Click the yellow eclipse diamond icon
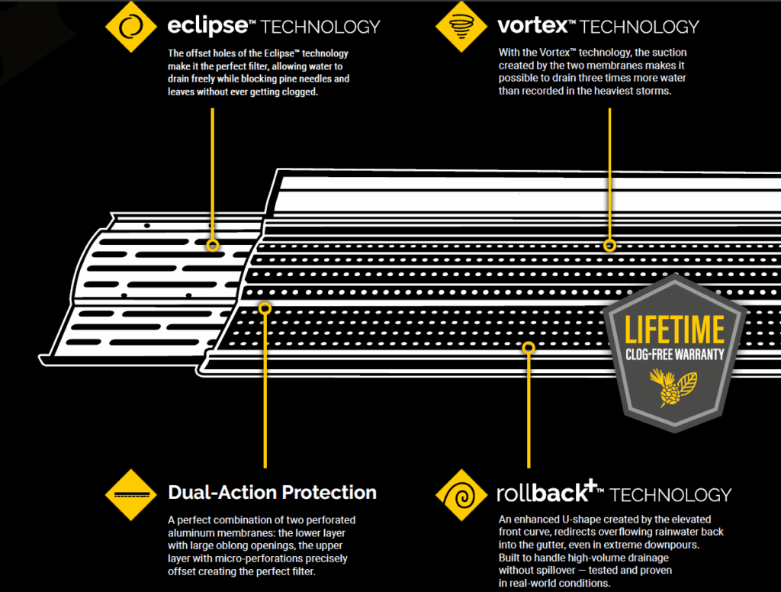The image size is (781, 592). (x=130, y=25)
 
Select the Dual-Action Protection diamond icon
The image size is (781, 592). (x=130, y=494)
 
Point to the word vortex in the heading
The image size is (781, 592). (x=532, y=26)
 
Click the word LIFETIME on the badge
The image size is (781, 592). (x=675, y=330)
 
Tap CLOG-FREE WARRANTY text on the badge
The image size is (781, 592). (x=675, y=354)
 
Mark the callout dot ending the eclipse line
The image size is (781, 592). (x=213, y=245)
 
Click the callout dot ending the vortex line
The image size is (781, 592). (x=609, y=245)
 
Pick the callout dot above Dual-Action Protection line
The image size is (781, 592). (x=265, y=308)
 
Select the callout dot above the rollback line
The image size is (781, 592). (x=528, y=347)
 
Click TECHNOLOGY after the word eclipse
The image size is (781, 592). (x=320, y=27)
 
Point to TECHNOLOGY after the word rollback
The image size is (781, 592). (x=670, y=494)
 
